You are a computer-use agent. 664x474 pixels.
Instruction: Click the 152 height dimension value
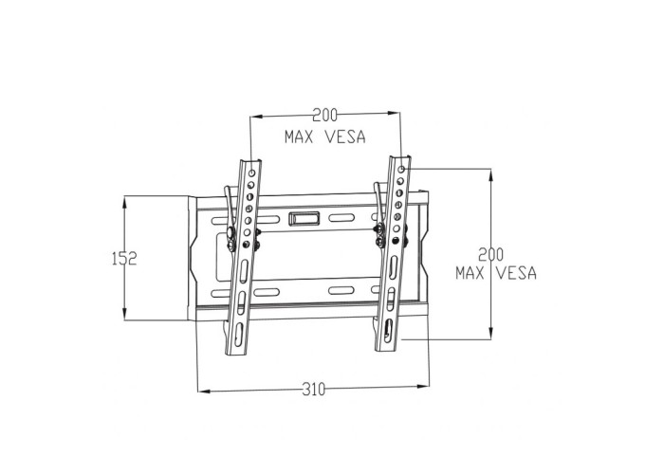(x=124, y=258)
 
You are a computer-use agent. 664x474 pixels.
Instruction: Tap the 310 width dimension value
(x=314, y=389)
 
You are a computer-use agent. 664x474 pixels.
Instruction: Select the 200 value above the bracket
(x=324, y=115)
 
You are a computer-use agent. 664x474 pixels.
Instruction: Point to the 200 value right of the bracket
(x=491, y=255)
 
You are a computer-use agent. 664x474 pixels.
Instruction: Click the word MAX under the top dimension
(x=299, y=137)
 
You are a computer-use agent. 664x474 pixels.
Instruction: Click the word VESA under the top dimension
(x=344, y=137)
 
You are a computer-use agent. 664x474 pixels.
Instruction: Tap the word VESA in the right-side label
(x=516, y=273)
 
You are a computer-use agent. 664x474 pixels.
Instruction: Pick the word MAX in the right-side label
(x=470, y=273)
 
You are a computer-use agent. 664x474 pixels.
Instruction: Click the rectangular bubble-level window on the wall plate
(x=304, y=218)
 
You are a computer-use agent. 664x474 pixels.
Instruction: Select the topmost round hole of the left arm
(x=252, y=173)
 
